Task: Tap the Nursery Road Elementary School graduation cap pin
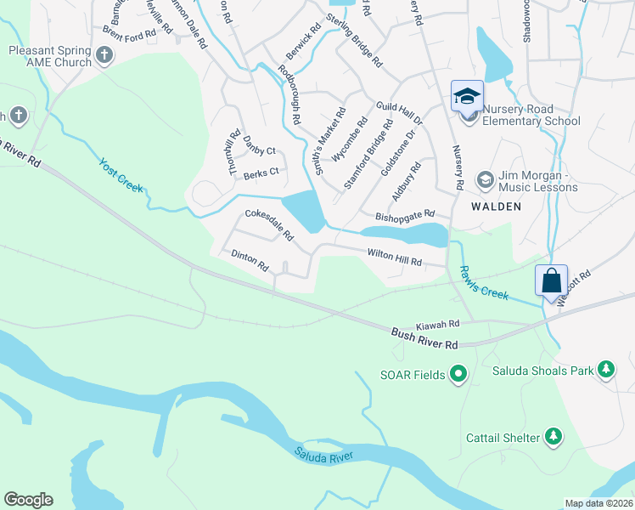[x=467, y=98]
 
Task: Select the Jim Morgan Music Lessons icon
[x=485, y=179]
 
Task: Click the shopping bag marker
[x=551, y=280]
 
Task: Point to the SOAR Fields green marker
[x=458, y=372]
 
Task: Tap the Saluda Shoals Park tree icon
[x=606, y=369]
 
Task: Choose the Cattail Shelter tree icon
[x=553, y=436]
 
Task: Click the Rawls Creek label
[x=484, y=283]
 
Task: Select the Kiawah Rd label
[x=437, y=324]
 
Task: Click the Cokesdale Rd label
[x=268, y=224]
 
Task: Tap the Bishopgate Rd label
[x=405, y=216]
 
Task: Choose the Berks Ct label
[x=261, y=173]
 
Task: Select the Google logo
[x=28, y=500]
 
